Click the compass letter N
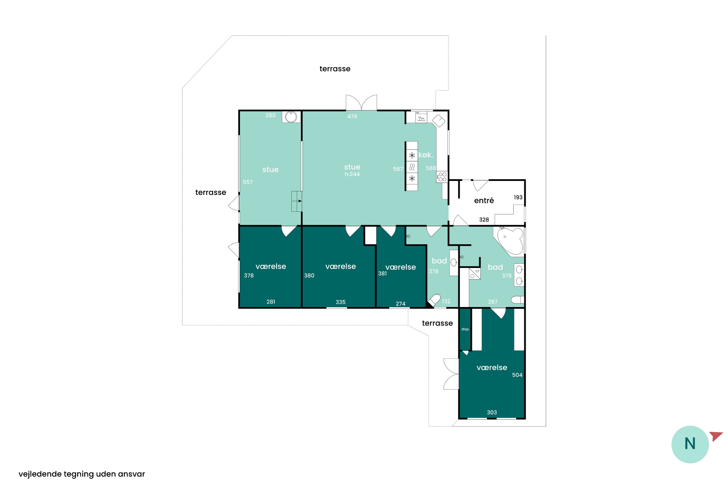point(690,444)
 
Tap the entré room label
point(484,201)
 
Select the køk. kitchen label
point(426,155)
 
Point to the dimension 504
point(517,375)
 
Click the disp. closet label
point(465,329)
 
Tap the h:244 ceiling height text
point(352,174)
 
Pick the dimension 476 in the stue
point(352,116)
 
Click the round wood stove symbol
point(291,117)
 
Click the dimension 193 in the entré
point(518,197)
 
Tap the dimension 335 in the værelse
point(340,302)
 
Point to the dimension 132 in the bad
point(446,301)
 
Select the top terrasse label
point(335,69)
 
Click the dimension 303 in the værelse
point(492,412)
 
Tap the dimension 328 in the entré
point(484,220)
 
